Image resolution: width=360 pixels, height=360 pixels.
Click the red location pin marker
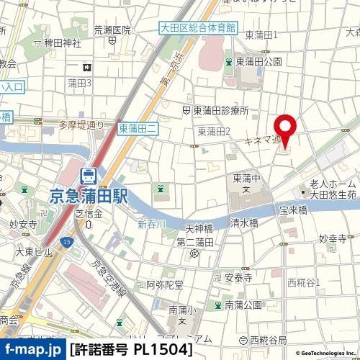[285, 130]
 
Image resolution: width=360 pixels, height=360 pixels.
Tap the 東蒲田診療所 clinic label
[220, 110]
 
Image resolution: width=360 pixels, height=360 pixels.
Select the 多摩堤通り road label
[82, 125]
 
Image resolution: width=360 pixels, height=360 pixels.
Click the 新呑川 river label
[152, 225]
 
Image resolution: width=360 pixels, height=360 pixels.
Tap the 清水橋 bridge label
[245, 223]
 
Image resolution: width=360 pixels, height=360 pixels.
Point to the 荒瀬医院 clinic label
[112, 30]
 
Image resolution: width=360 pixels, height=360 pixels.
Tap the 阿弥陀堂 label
[165, 284]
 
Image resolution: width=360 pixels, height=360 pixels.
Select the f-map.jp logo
[33, 350]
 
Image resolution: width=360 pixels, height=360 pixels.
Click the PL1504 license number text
[163, 350]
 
